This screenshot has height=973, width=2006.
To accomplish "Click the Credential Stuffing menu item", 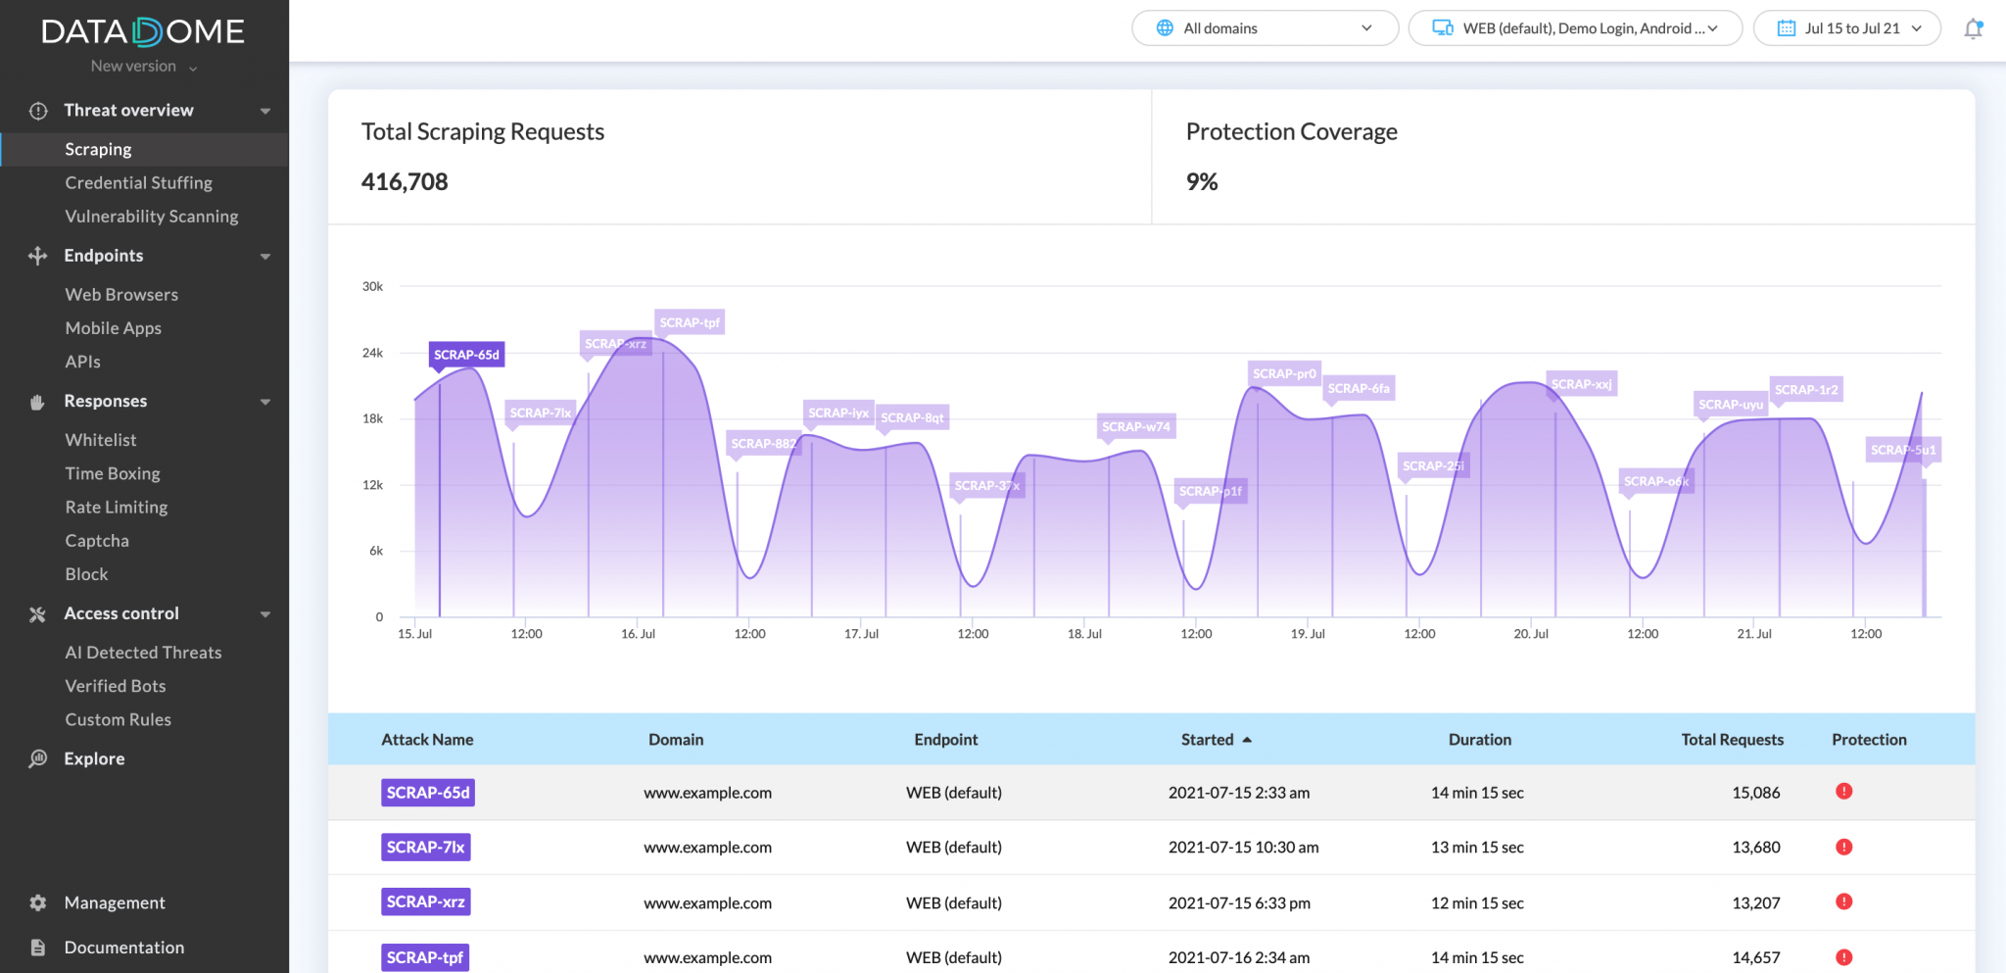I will tap(138, 182).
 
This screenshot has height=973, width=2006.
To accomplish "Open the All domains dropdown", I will tap(1265, 28).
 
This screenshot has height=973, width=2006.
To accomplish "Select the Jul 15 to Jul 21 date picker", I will tap(1846, 28).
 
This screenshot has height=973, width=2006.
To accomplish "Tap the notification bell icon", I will tap(1973, 28).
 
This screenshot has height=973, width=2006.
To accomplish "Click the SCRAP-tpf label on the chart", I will tap(690, 322).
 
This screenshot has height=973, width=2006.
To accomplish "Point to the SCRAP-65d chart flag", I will tap(466, 355).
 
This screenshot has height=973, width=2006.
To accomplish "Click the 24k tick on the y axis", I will tap(372, 353).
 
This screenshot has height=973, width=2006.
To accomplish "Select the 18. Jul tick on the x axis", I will tap(1084, 634).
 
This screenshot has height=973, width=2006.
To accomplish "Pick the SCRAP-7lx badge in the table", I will tap(425, 848).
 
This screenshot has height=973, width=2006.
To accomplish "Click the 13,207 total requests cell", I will tap(1755, 902).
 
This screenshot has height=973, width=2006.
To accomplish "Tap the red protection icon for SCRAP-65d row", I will tap(1843, 792).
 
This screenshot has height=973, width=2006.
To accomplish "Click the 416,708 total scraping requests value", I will tap(405, 182).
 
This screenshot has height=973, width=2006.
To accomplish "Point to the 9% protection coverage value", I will tap(1202, 182).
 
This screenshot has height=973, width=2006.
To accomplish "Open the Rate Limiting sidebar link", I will tap(117, 507).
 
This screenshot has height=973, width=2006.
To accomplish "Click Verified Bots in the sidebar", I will tap(116, 686).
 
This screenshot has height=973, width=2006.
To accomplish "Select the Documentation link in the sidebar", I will tap(123, 948).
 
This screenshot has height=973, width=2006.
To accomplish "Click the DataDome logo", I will tap(143, 32).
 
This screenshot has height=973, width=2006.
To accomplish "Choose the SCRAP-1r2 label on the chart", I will tap(1805, 389).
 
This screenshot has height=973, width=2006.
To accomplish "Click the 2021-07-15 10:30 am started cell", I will tap(1243, 848).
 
